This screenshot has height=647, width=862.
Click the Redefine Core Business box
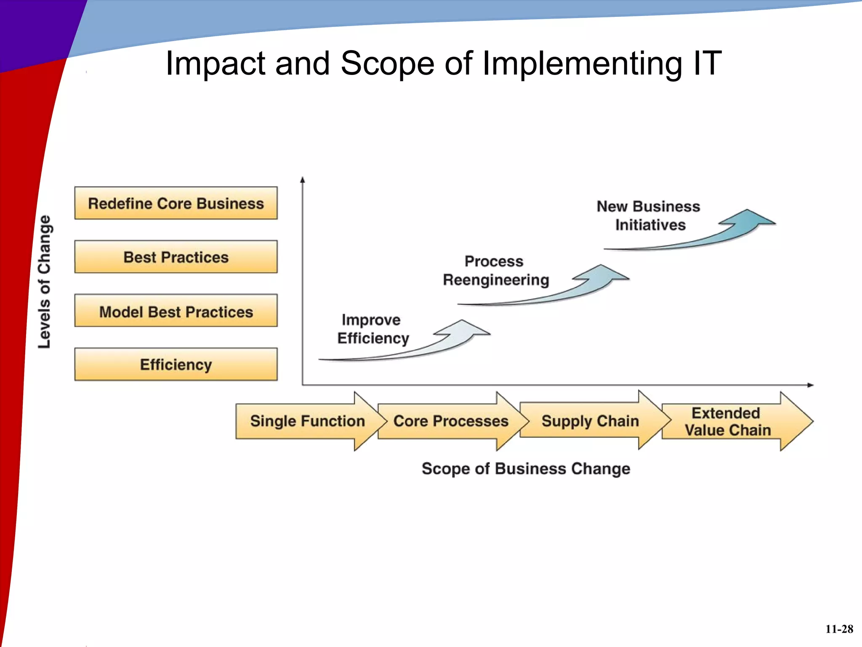point(176,203)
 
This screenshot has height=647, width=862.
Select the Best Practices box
point(176,257)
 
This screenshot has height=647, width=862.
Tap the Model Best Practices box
point(176,311)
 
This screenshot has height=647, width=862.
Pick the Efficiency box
point(176,364)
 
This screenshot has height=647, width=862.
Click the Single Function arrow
point(307,421)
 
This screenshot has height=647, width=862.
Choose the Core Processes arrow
point(450,421)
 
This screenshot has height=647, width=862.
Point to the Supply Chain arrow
point(590,421)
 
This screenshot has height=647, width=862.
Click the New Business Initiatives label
point(649,216)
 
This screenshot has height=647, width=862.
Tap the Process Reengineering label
point(495,271)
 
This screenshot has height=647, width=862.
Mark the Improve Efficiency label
point(372,329)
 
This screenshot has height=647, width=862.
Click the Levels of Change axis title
point(45,281)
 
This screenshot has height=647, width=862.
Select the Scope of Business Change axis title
point(526,469)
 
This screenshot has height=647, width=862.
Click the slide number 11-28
point(839,629)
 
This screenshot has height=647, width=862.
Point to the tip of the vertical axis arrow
point(302,178)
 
